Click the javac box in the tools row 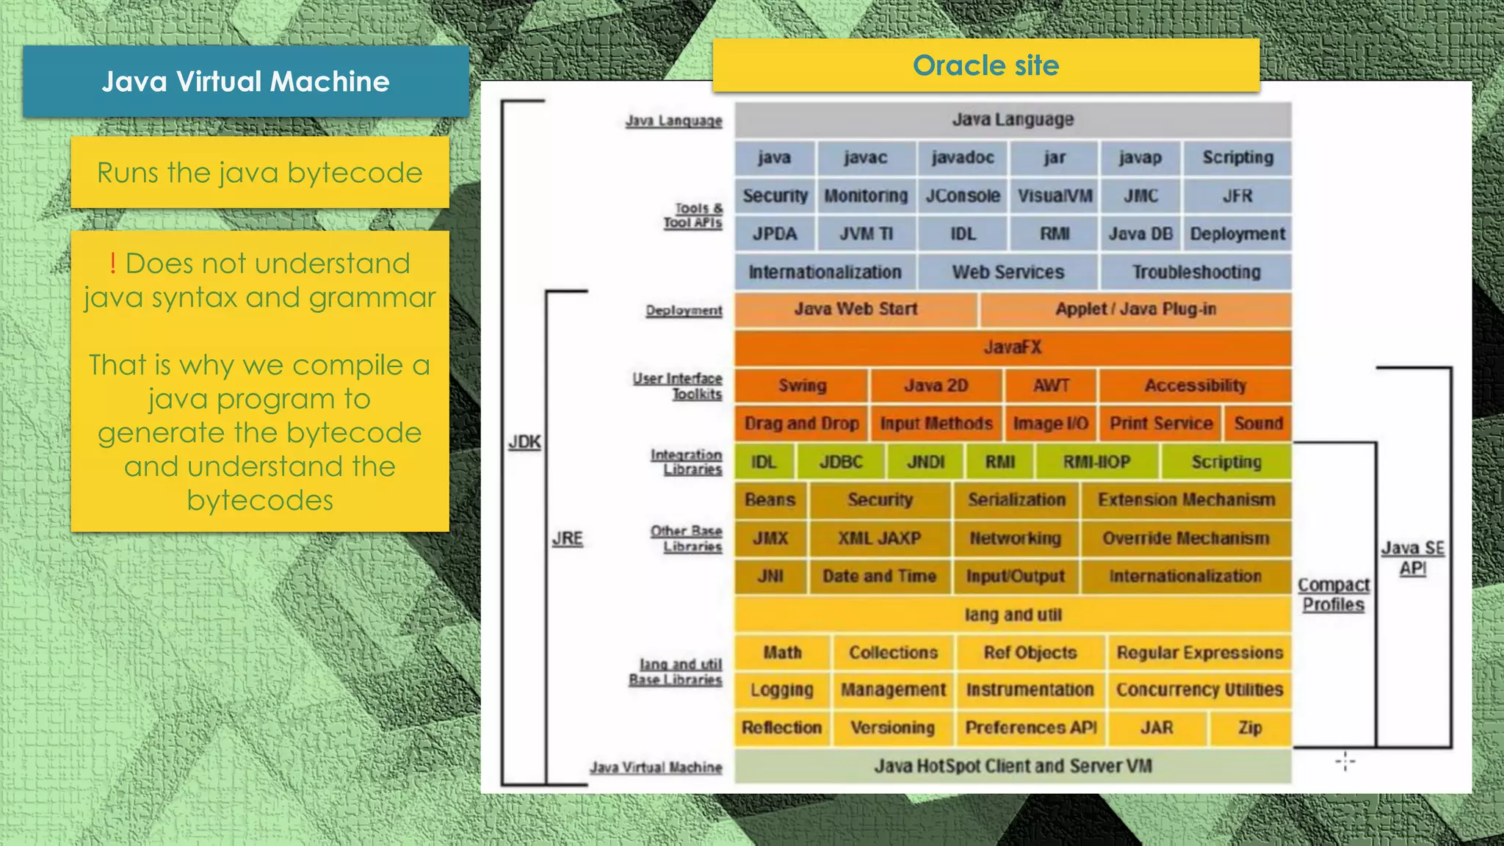click(865, 158)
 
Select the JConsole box click(962, 196)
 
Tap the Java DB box click(1140, 234)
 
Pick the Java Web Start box click(856, 309)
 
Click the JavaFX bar click(1012, 347)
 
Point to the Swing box click(802, 386)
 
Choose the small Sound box click(1258, 424)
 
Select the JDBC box click(841, 462)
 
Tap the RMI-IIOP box click(1096, 462)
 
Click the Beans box click(770, 500)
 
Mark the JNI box click(770, 576)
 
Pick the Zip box click(1250, 728)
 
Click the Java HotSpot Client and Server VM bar click(1012, 766)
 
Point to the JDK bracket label click(524, 442)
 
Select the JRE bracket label click(568, 538)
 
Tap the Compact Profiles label click(1333, 595)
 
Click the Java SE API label click(1412, 558)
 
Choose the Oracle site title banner click(986, 65)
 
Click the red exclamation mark click(112, 263)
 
